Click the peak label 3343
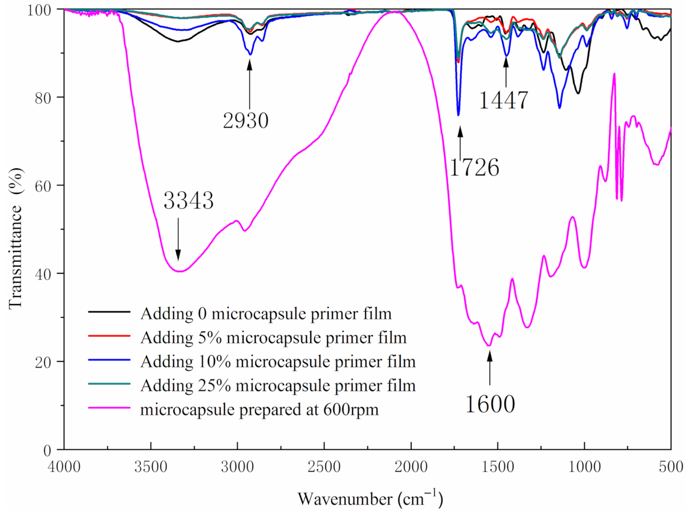189,200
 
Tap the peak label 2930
246,121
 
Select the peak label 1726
474,168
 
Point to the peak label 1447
503,100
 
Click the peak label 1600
490,404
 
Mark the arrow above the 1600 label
490,368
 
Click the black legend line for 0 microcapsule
110,312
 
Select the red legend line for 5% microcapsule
110,336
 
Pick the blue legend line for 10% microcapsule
110,360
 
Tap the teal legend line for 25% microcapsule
110,384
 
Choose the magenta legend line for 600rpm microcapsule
110,408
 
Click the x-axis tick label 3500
151,467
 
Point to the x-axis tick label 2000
411,467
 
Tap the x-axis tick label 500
671,467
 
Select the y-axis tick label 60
43,186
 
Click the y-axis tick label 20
43,362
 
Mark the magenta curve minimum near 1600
489,346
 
